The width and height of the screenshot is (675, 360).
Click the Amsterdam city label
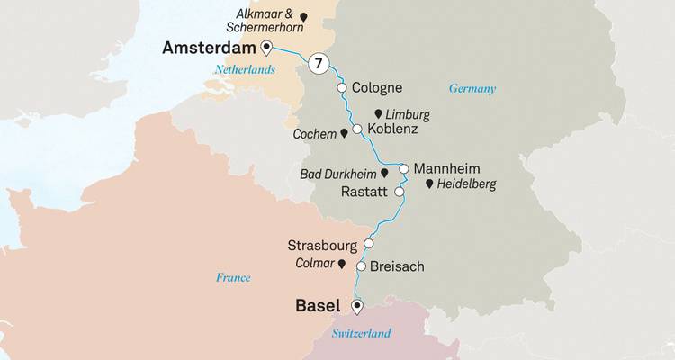click(208, 48)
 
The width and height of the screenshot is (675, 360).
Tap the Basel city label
click(320, 306)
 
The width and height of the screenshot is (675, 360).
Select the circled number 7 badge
click(316, 64)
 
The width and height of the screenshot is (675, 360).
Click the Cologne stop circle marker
click(342, 88)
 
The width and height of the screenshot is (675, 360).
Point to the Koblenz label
click(393, 130)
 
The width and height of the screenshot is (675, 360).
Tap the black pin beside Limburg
click(378, 114)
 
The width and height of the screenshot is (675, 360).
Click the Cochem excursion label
click(314, 133)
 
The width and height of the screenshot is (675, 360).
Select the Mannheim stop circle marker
click(404, 168)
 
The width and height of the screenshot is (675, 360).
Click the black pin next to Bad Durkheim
click(384, 172)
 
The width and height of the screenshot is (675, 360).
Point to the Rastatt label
click(365, 192)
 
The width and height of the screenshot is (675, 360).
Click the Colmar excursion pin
click(342, 264)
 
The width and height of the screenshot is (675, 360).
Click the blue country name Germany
click(472, 88)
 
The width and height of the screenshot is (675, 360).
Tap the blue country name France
click(233, 277)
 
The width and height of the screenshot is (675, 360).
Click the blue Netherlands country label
click(244, 68)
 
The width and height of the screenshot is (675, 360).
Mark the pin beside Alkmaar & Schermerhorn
click(304, 17)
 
